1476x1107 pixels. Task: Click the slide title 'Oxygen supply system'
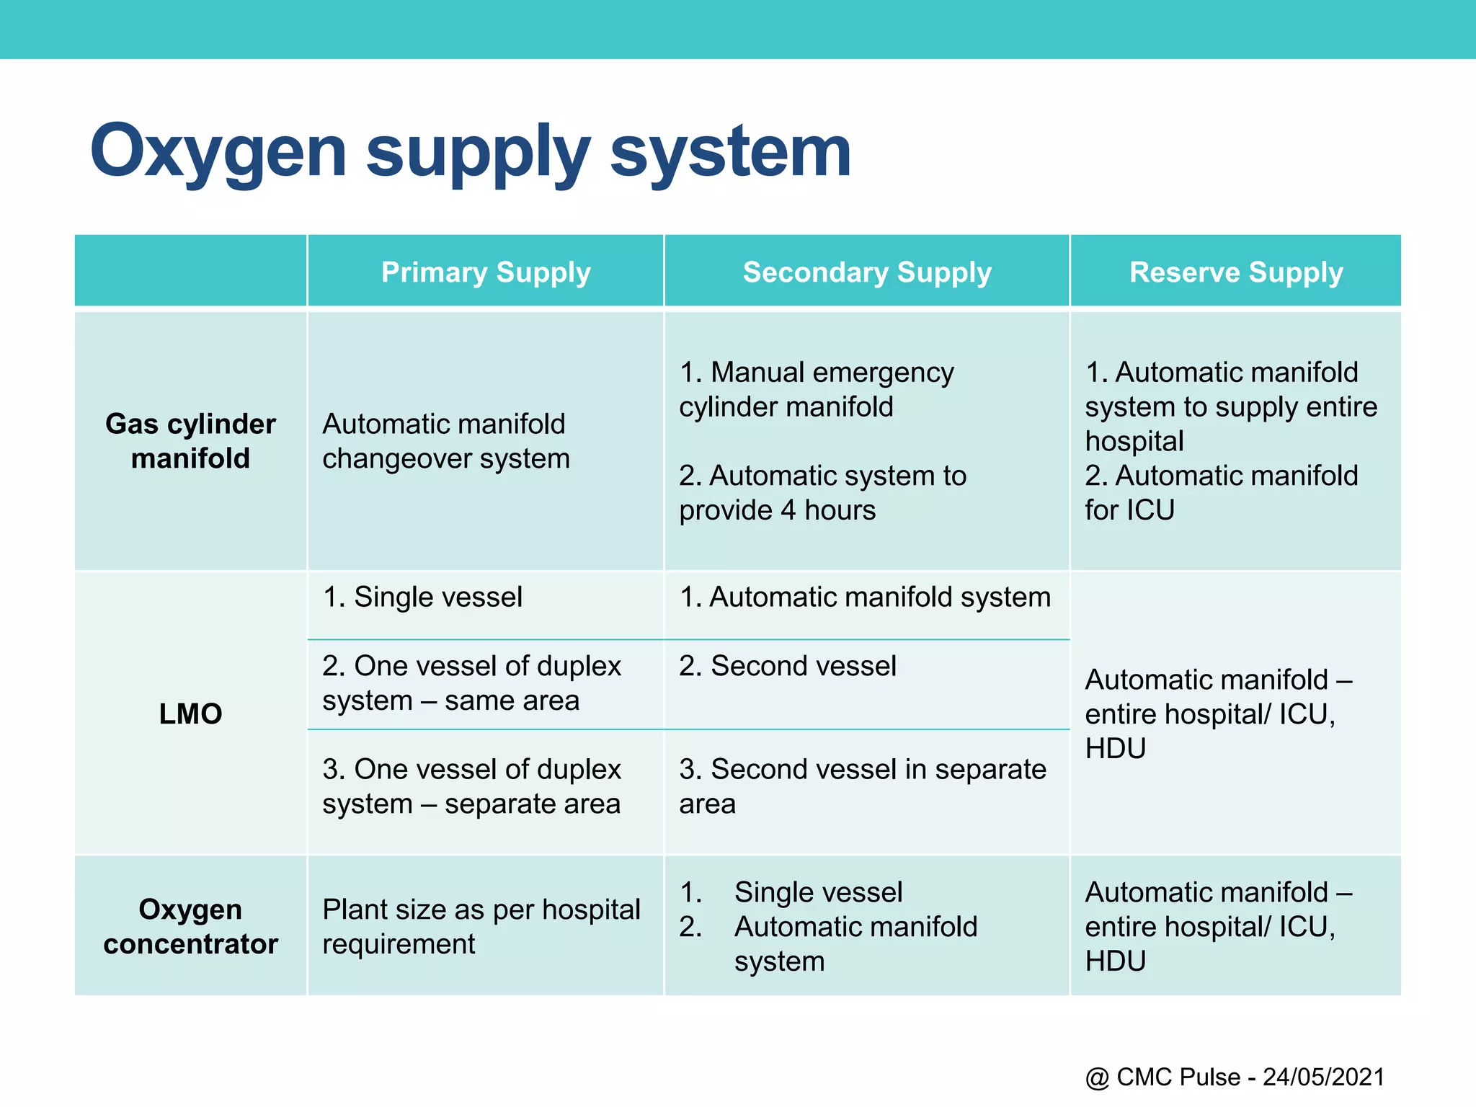click(470, 151)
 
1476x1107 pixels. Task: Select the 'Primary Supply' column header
click(486, 272)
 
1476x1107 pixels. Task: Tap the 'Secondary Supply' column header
click(867, 272)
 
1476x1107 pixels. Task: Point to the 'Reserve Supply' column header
click(1236, 272)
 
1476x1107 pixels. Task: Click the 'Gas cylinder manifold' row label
click(190, 441)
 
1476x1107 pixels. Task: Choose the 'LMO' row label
click(190, 713)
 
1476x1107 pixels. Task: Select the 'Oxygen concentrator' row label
click(190, 927)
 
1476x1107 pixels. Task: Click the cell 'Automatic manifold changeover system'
click(445, 441)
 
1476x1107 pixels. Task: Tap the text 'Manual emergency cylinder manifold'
click(816, 389)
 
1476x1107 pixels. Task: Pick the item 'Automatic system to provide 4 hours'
click(822, 493)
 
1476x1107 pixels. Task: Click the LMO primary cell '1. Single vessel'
click(422, 597)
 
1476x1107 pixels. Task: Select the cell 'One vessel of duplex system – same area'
click(471, 683)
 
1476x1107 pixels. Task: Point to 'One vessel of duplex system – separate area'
click(471, 786)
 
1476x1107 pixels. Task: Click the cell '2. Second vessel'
click(788, 666)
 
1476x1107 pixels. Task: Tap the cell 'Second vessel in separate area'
click(862, 786)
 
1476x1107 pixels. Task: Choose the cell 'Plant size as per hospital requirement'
click(481, 927)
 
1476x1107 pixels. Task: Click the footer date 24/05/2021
click(1323, 1077)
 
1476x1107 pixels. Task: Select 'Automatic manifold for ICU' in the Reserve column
click(1221, 493)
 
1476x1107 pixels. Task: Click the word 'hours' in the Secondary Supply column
click(840, 510)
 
